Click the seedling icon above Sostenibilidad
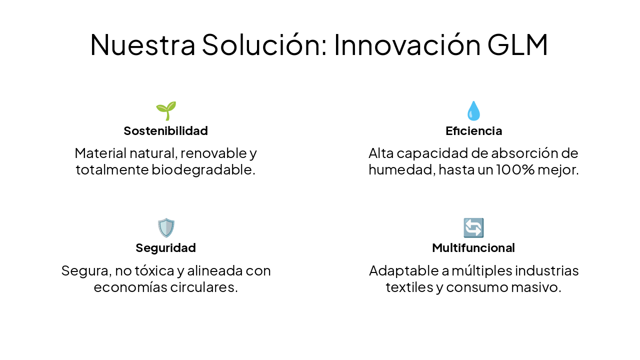[166, 110]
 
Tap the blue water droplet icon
[473, 110]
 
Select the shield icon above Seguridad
[166, 228]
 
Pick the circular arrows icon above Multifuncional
[473, 228]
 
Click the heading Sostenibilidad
[165, 131]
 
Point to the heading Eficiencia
[473, 131]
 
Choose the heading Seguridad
[165, 248]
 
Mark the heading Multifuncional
[473, 248]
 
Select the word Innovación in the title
[407, 44]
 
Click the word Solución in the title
[264, 44]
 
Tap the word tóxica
[154, 271]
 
